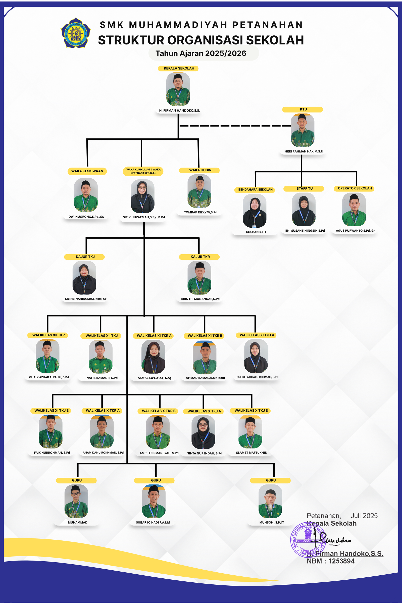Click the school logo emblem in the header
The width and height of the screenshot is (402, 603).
76,33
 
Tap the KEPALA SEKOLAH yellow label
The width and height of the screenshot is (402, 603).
179,68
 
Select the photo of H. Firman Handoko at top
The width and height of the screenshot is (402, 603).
178,89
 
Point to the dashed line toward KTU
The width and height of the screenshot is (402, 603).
235,126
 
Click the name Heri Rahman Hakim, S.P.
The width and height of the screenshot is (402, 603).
304,152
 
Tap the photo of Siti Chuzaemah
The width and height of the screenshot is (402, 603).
142,196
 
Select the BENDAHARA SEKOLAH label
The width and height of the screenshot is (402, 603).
255,190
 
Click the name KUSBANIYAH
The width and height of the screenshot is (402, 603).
256,232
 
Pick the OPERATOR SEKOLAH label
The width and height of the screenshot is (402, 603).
355,188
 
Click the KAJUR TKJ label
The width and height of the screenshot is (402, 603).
85,257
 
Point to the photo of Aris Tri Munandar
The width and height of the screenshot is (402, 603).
199,278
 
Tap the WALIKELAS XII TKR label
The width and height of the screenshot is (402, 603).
48,335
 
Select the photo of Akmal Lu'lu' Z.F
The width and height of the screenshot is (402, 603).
153,357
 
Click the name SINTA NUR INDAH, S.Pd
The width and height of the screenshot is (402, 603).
204,453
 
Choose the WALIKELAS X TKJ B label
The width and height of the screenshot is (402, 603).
251,411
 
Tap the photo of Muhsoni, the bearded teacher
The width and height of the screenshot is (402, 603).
270,501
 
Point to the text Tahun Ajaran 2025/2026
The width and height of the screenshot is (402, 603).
201,53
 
